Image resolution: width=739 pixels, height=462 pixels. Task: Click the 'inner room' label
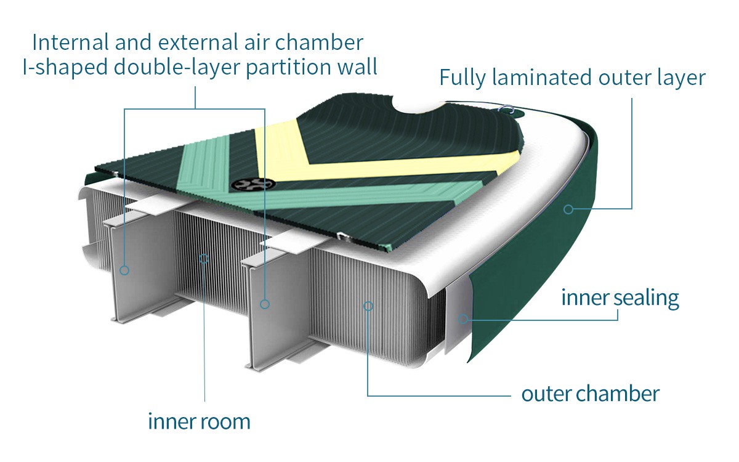[x=199, y=422]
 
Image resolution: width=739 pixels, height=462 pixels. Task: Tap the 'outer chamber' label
[x=590, y=393]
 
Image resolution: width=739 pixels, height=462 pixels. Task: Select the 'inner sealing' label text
[x=620, y=298]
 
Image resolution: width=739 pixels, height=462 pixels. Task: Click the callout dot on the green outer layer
[x=568, y=209]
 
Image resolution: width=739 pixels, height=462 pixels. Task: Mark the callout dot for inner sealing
[x=463, y=318]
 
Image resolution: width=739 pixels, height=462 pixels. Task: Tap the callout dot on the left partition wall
[x=124, y=270]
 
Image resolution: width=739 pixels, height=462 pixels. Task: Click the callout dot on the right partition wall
[x=265, y=304]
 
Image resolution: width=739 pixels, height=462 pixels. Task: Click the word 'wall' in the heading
[x=357, y=67]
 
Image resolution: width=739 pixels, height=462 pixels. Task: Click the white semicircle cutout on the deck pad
[x=421, y=105]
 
